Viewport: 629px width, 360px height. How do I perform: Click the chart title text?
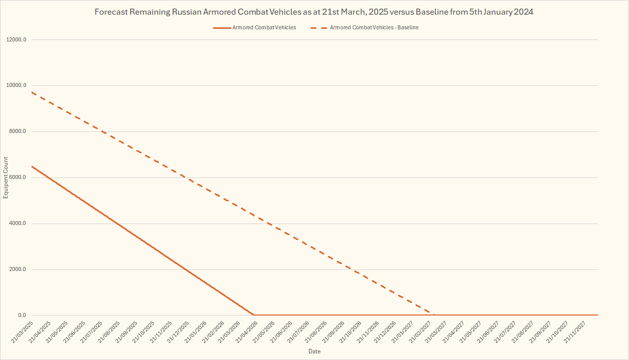coord(314,12)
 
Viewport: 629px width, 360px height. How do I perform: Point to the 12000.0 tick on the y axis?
coord(17,39)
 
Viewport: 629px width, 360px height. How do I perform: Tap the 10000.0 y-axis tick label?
coord(17,85)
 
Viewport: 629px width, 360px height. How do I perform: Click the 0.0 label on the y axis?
coord(22,316)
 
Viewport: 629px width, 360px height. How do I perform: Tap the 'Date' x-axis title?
coord(314,351)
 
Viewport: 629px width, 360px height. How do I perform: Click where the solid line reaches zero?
coord(254,315)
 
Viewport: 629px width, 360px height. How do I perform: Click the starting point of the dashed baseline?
coord(31,92)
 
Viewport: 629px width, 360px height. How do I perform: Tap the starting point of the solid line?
coord(31,166)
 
